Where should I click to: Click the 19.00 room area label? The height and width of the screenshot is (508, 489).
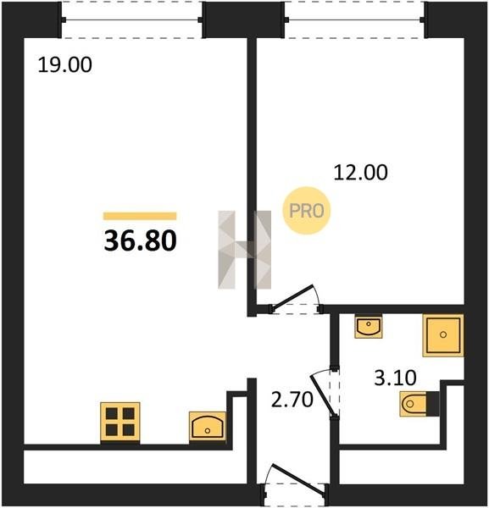[65, 65]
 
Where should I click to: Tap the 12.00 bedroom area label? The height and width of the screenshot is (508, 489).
[360, 173]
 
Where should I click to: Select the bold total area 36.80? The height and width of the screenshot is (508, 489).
[140, 240]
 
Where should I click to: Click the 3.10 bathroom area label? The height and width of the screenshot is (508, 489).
[395, 378]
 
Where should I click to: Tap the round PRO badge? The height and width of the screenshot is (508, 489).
[307, 211]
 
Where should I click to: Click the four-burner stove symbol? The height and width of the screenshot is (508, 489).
[120, 422]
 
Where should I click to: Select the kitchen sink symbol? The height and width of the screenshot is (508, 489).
[208, 427]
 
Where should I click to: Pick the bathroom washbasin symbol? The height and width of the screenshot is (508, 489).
[369, 327]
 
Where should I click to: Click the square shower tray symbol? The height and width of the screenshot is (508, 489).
[443, 335]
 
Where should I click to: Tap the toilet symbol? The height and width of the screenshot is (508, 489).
[413, 404]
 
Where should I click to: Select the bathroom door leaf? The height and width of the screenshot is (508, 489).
[322, 395]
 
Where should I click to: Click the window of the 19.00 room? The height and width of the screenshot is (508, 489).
[131, 19]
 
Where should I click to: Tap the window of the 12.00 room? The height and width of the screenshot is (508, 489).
[355, 19]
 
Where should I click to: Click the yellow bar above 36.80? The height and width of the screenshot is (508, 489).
[140, 216]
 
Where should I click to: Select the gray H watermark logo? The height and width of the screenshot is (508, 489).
[244, 250]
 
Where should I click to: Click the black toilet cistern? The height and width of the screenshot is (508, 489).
[432, 404]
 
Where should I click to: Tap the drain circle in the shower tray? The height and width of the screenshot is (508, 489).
[443, 335]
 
